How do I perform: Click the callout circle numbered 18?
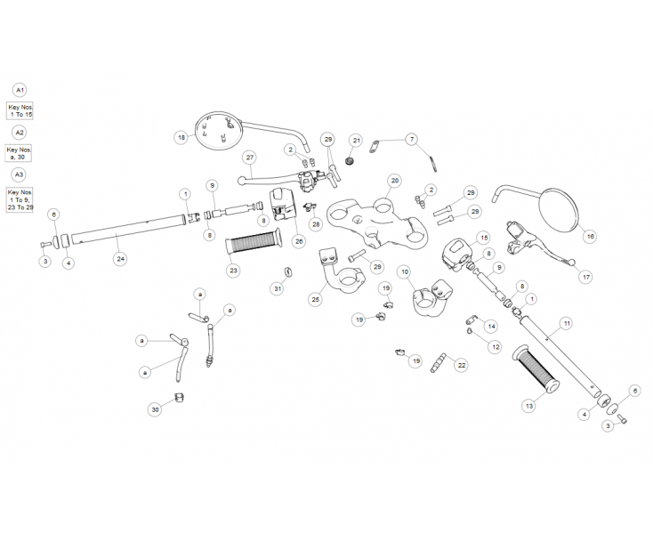click(x=181, y=138)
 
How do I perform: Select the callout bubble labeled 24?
click(x=120, y=259)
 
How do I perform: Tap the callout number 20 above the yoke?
click(x=394, y=180)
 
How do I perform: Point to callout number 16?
click(x=589, y=237)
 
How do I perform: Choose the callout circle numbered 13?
click(x=528, y=406)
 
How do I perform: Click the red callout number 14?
click(x=490, y=326)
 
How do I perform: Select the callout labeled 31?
click(x=278, y=288)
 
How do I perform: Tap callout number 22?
click(x=460, y=364)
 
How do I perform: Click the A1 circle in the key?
click(x=20, y=90)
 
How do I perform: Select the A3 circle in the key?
click(x=20, y=174)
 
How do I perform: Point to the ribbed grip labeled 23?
click(x=253, y=241)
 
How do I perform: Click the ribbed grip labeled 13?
click(x=536, y=368)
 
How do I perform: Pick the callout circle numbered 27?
click(x=250, y=157)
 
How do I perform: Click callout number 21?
click(x=356, y=141)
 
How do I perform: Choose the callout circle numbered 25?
click(x=315, y=299)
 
